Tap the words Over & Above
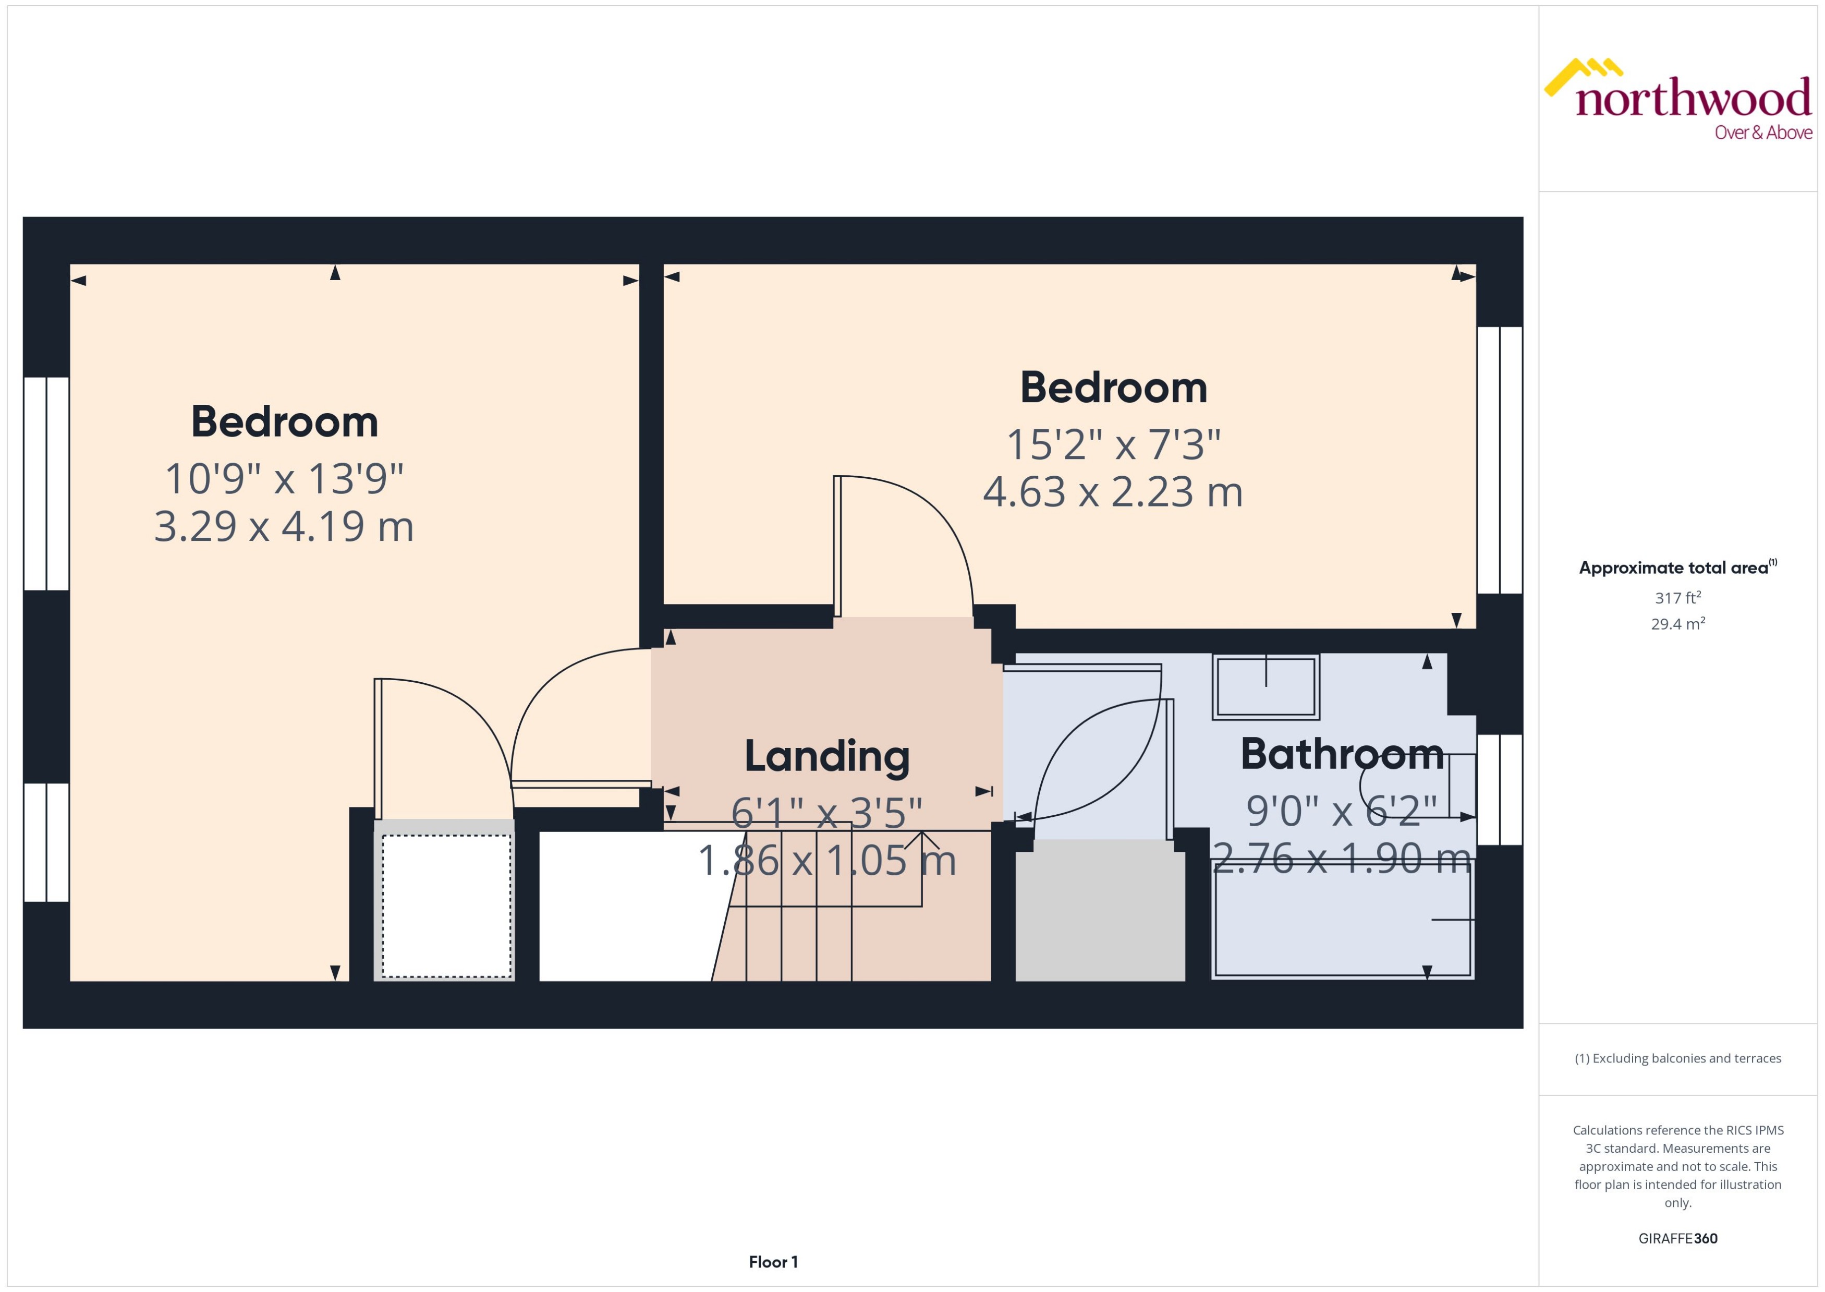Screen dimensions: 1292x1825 pos(1762,133)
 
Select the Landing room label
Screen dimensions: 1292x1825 pos(826,757)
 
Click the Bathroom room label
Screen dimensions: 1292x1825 pos(1342,754)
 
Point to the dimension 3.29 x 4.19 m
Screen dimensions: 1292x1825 pos(284,527)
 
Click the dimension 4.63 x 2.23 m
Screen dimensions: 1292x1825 pos(1113,492)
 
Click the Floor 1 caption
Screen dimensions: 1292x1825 pos(772,1262)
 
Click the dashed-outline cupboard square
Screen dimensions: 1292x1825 pos(446,905)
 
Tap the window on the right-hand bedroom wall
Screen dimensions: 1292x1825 pos(1499,460)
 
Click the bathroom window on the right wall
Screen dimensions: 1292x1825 pos(1499,789)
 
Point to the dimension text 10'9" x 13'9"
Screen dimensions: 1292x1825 pos(284,479)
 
